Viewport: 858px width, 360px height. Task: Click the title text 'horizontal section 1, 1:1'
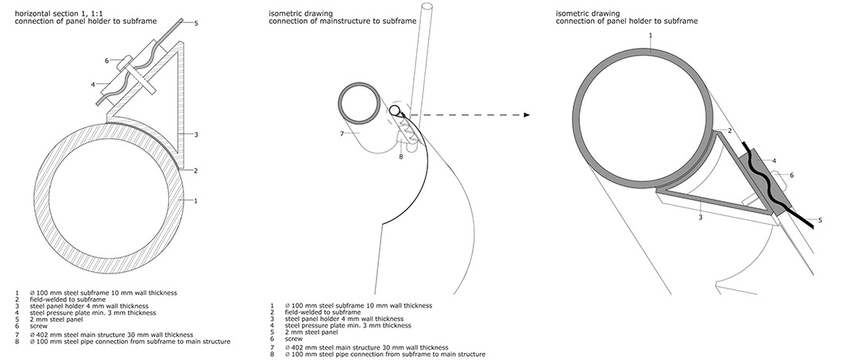(x=56, y=14)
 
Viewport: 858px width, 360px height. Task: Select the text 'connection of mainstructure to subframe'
(x=342, y=21)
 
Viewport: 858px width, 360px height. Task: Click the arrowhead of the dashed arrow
(x=527, y=115)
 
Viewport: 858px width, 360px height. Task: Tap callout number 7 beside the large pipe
(x=341, y=134)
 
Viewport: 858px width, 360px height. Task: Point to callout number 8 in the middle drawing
(x=401, y=157)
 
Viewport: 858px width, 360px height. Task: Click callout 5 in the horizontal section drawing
(x=196, y=24)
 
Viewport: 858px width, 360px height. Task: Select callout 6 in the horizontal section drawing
(x=106, y=60)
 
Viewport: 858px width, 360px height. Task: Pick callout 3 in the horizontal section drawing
(x=196, y=134)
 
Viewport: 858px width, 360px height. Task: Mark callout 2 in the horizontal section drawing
(x=195, y=170)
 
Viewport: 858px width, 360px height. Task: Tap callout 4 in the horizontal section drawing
(x=93, y=84)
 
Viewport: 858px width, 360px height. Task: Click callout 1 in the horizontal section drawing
(x=195, y=201)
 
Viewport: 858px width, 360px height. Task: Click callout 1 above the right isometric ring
(x=650, y=35)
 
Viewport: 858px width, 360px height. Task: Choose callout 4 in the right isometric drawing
(x=775, y=161)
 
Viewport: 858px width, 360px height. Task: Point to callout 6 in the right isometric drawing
(x=791, y=175)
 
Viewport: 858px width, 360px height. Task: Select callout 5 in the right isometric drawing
(x=820, y=220)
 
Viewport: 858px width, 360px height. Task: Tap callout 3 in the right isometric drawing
(x=701, y=217)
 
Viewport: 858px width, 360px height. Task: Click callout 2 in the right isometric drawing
(x=729, y=131)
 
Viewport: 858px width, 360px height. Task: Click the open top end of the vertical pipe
(x=427, y=6)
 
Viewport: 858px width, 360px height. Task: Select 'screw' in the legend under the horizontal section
(x=39, y=326)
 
